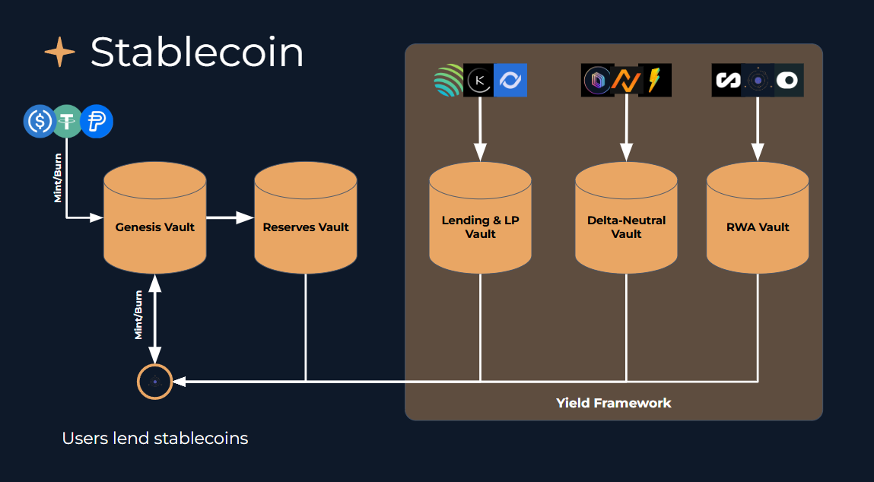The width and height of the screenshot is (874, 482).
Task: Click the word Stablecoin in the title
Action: tap(197, 52)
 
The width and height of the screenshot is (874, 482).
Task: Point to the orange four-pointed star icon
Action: tap(60, 52)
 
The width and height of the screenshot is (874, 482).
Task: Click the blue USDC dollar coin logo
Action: tap(40, 121)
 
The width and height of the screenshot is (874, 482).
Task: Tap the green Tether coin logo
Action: tap(68, 121)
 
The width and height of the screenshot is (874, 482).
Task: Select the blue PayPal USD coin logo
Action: tap(97, 121)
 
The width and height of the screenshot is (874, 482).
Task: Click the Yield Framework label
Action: tap(613, 402)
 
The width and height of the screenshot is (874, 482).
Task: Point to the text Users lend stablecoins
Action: tap(155, 439)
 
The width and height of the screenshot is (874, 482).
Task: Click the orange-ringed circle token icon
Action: tap(154, 381)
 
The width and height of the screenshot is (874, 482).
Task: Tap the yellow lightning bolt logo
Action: tap(655, 80)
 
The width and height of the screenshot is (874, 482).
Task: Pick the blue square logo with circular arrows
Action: tap(510, 80)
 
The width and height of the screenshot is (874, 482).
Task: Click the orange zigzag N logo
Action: tap(626, 80)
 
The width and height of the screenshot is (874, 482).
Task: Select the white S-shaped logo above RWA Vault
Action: tap(727, 80)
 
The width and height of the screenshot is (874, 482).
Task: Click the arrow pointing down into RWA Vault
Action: tap(758, 129)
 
